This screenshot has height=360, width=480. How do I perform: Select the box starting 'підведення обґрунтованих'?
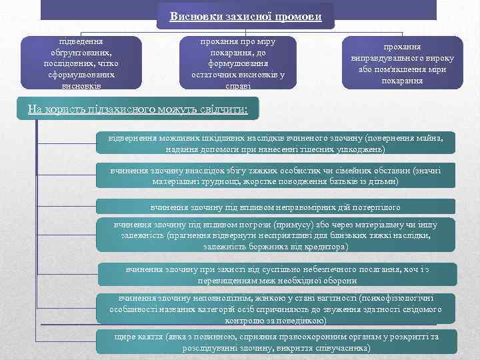coord(81,63)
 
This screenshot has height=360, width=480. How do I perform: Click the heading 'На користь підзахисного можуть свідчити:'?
coord(137,108)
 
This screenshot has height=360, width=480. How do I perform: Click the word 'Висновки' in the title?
coord(195,16)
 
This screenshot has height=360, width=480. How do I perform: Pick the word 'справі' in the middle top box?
coord(238,85)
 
